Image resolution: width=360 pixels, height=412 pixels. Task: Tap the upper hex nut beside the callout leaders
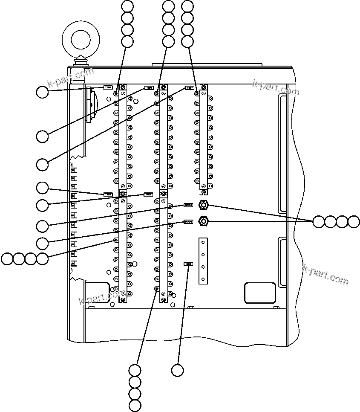click(x=204, y=205)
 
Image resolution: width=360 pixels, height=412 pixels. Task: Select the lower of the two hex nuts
click(x=204, y=221)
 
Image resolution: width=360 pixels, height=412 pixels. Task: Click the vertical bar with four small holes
click(x=203, y=261)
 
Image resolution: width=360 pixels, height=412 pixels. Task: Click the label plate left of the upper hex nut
click(x=188, y=205)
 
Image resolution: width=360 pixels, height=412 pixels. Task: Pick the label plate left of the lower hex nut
click(x=188, y=222)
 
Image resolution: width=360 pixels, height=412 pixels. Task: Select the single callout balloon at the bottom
click(x=178, y=370)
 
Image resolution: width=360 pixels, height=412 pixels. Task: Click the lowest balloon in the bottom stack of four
click(x=135, y=406)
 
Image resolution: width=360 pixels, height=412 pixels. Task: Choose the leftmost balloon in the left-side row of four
click(x=7, y=258)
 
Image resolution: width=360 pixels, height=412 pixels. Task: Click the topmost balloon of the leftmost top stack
click(x=127, y=6)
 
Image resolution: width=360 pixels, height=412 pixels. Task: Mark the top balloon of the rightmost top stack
click(x=187, y=6)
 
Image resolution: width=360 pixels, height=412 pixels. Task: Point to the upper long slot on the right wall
click(x=282, y=154)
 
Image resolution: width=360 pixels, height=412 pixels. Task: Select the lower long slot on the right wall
click(x=282, y=261)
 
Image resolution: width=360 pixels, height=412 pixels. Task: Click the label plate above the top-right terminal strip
click(x=190, y=88)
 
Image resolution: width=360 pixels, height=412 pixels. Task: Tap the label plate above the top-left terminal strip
click(x=108, y=88)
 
